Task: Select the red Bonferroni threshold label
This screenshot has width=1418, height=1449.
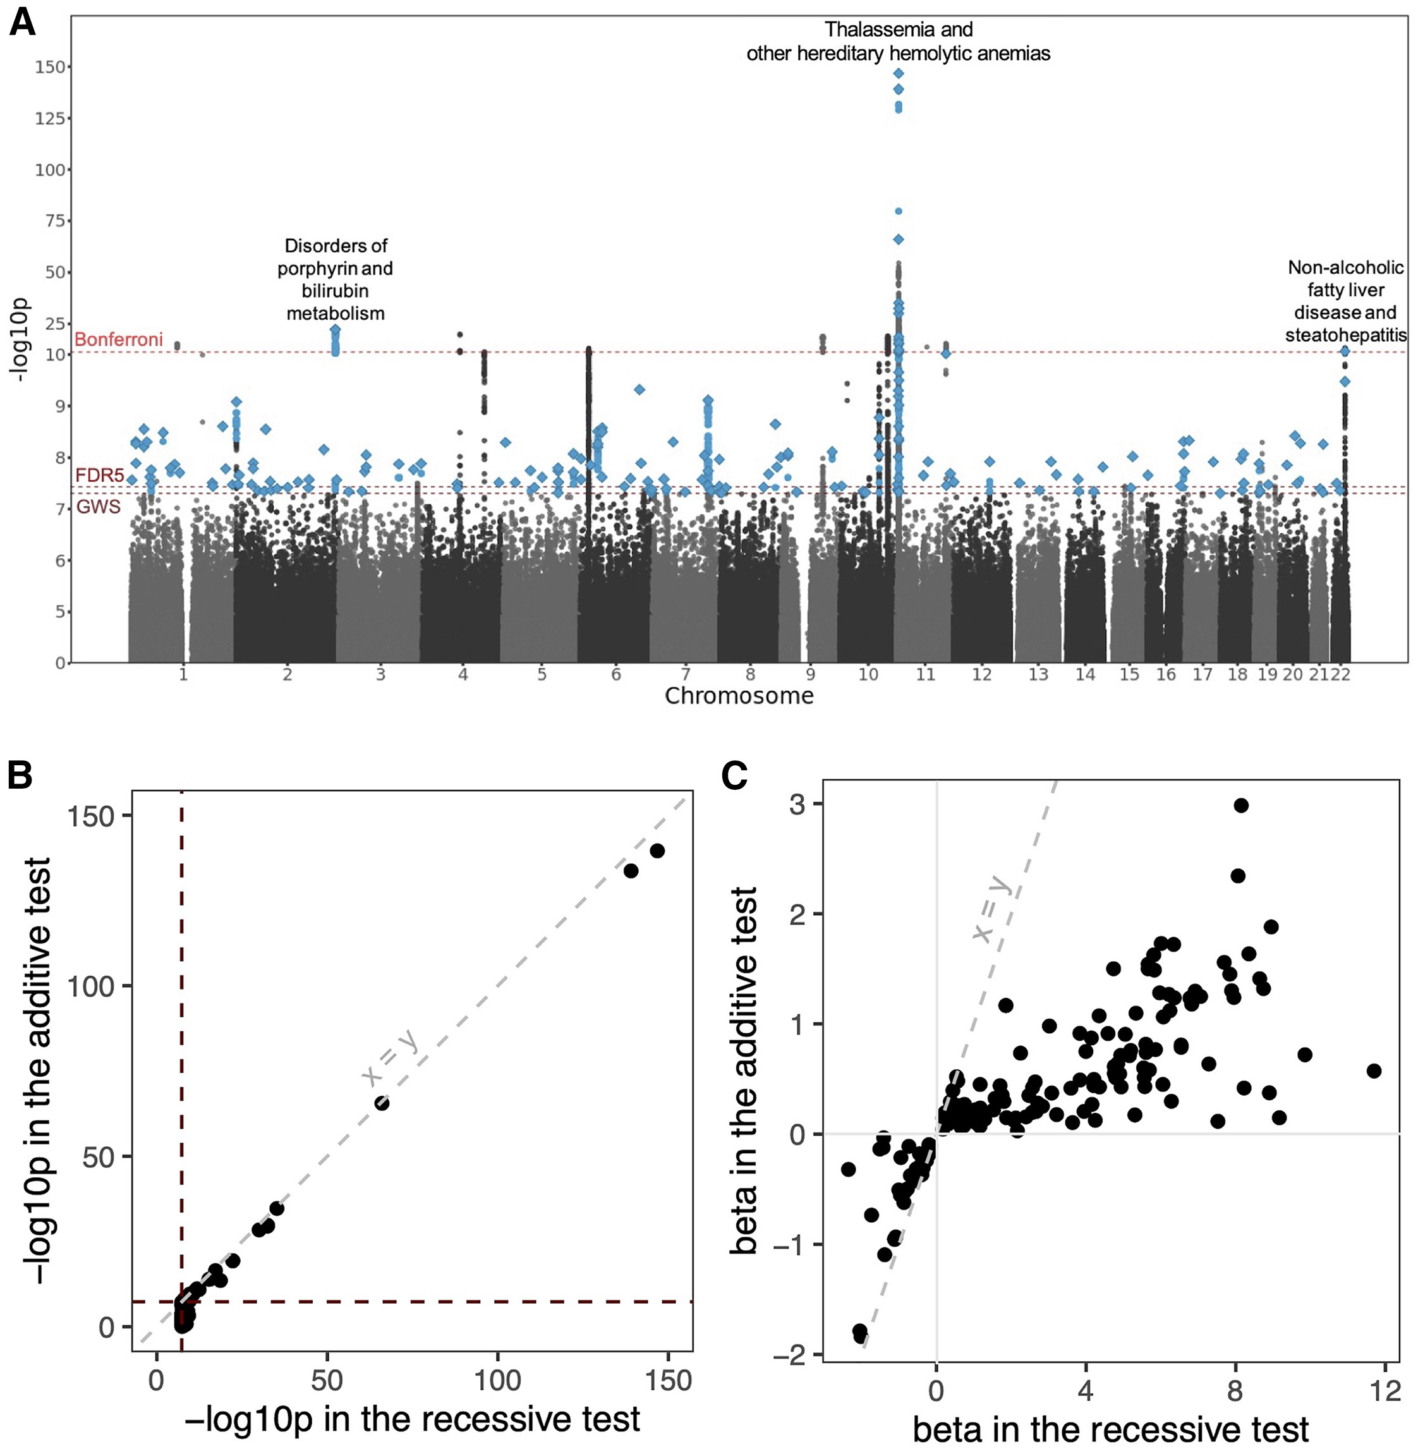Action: pos(118,339)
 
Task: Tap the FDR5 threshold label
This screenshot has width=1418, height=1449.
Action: pos(99,476)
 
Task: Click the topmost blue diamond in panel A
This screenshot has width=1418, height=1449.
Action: pos(899,73)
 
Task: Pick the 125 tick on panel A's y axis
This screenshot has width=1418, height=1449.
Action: pos(50,118)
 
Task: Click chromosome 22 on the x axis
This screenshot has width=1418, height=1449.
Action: pos(1340,675)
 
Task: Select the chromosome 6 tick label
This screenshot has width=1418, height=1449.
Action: pos(616,675)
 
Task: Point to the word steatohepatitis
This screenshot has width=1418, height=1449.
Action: pos(1346,335)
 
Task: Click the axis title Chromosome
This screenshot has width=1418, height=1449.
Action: pos(739,696)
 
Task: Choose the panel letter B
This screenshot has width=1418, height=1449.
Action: pos(20,776)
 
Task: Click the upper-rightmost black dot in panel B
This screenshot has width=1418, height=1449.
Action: pos(657,851)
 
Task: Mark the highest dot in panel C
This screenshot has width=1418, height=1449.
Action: pos(1241,805)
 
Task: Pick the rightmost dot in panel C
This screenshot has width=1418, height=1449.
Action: pos(1374,1070)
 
